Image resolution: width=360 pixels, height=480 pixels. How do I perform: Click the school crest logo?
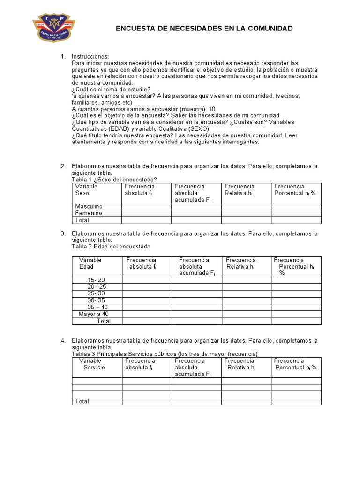[54, 28]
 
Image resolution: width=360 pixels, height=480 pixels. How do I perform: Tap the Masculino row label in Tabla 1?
[89, 206]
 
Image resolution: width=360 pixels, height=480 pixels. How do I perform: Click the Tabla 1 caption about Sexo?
[114, 180]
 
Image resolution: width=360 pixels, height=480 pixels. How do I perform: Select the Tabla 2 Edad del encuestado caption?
[111, 247]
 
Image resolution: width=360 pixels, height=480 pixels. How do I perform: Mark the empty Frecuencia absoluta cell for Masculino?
[146, 206]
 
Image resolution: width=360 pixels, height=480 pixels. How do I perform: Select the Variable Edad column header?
[90, 263]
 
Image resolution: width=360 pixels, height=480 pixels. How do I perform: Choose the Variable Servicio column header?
[92, 364]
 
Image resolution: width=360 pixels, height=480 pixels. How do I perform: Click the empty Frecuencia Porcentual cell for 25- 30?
[296, 293]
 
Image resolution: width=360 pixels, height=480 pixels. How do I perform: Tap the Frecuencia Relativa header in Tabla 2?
[240, 263]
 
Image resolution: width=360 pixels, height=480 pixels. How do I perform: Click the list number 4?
[63, 340]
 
